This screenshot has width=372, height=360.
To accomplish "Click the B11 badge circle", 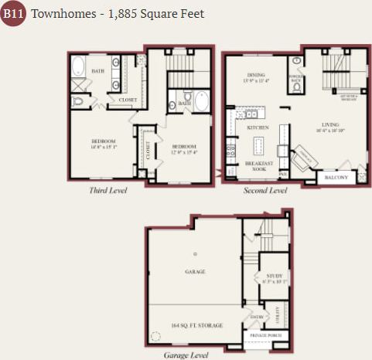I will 13,13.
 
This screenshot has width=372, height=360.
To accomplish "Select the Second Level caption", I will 265,190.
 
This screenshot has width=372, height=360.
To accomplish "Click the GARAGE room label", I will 195,272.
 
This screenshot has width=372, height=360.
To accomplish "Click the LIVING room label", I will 331,125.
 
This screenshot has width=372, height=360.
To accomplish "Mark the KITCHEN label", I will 258,127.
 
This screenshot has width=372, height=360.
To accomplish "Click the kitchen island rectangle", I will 258,144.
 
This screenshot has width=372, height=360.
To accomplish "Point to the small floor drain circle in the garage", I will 196,253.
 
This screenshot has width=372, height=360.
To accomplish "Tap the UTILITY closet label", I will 276,314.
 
